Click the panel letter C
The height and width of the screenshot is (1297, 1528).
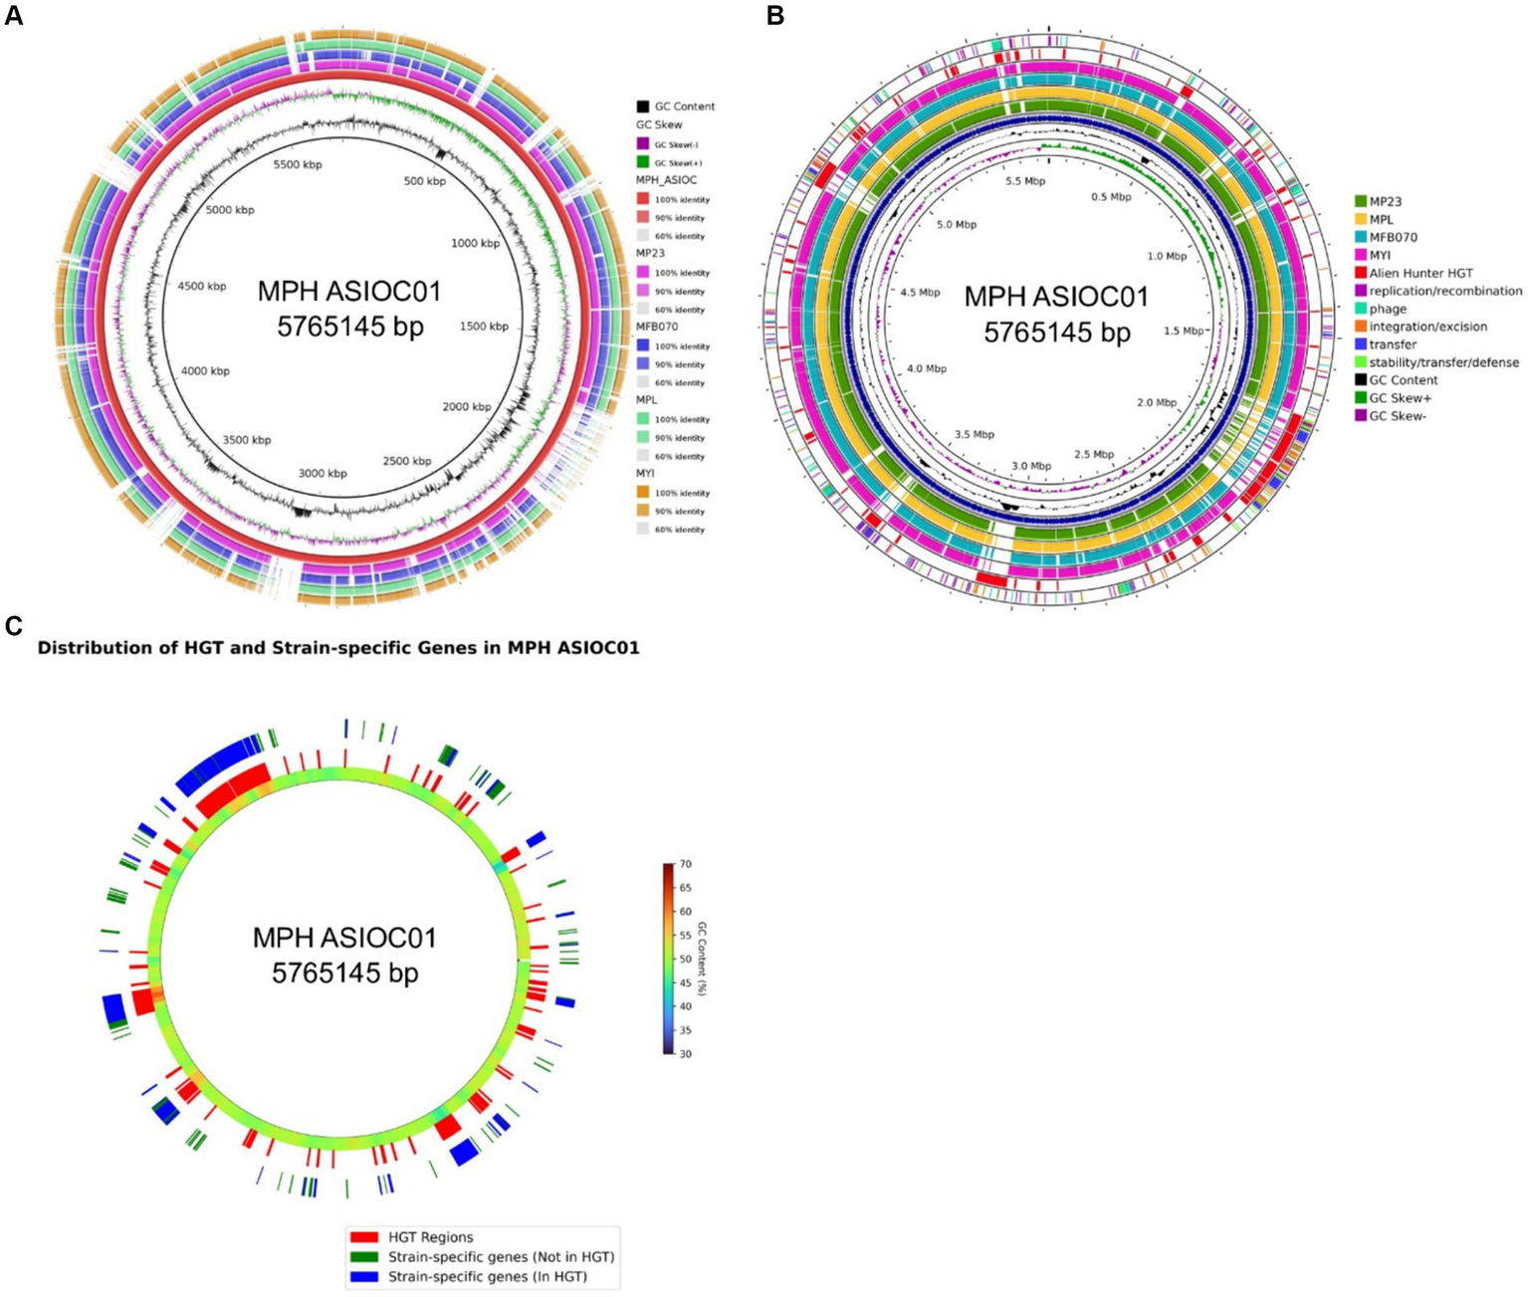tap(14, 625)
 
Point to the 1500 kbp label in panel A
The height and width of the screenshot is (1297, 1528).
tap(484, 326)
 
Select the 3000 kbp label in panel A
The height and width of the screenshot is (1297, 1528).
tap(323, 474)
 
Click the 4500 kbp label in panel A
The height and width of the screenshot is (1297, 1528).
tap(202, 287)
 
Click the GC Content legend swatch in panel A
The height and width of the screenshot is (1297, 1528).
tap(643, 107)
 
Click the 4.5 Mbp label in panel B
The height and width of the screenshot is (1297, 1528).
tap(919, 293)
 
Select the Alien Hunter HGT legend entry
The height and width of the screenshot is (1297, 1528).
tap(1420, 273)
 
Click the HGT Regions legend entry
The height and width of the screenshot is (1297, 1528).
tap(430, 1237)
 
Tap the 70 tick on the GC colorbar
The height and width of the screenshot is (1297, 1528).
tap(685, 865)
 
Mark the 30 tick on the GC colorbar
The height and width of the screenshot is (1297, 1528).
tap(685, 1053)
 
